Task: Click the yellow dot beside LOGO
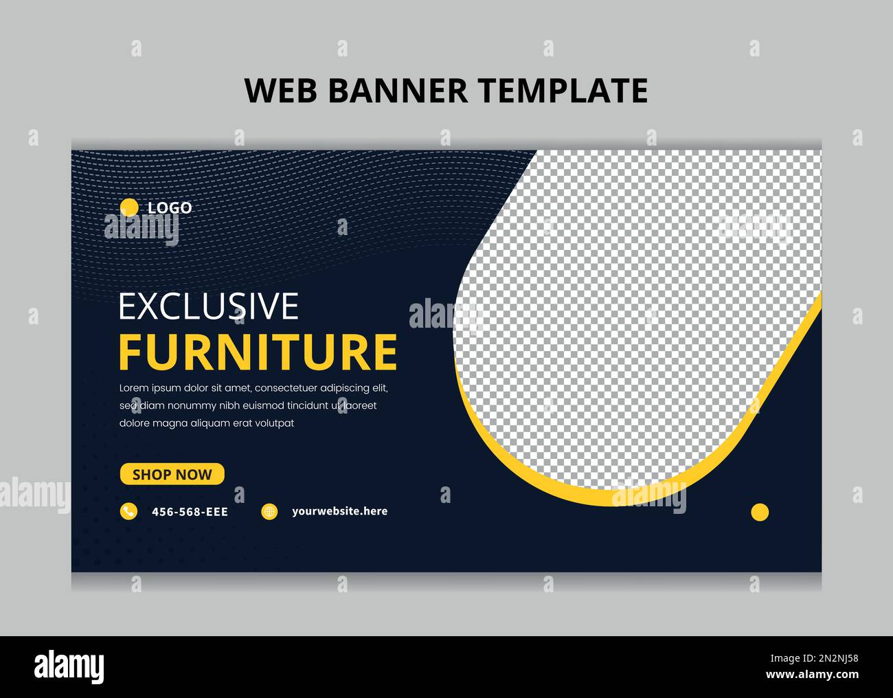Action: tap(129, 207)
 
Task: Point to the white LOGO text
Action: tap(170, 207)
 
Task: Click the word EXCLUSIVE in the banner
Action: tap(209, 306)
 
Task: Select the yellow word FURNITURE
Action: tap(258, 352)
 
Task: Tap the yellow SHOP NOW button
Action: tap(172, 474)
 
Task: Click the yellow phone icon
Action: tap(128, 511)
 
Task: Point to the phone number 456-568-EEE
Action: tap(190, 512)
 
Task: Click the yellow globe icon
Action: tap(269, 511)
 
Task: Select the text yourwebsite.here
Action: tap(339, 511)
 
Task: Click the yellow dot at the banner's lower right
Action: tap(760, 512)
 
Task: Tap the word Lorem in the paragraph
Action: tap(134, 388)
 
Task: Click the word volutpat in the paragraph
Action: tap(275, 423)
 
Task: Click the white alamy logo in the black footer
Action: tap(69, 667)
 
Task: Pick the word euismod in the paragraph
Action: tap(262, 405)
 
